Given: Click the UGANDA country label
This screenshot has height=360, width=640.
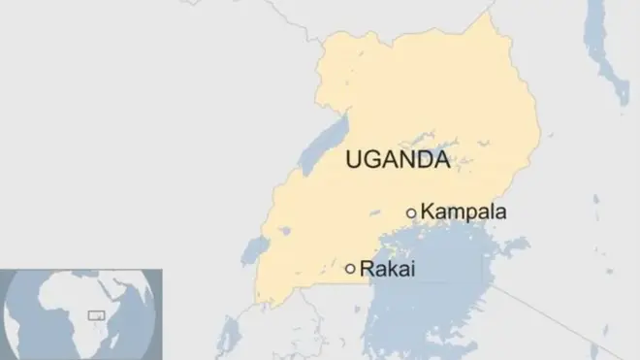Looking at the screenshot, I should pos(397,160).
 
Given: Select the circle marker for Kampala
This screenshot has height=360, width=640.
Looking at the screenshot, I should pos(411,213).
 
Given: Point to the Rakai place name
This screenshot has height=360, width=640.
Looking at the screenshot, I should pos(387,269).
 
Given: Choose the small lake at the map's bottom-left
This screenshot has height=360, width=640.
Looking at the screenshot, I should pos(230,335).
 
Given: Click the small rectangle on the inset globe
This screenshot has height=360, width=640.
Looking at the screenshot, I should pos(96,314).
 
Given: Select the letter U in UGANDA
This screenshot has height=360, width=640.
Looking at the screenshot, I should pos(354,160).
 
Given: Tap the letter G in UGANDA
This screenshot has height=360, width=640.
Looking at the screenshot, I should pos(371,160).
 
